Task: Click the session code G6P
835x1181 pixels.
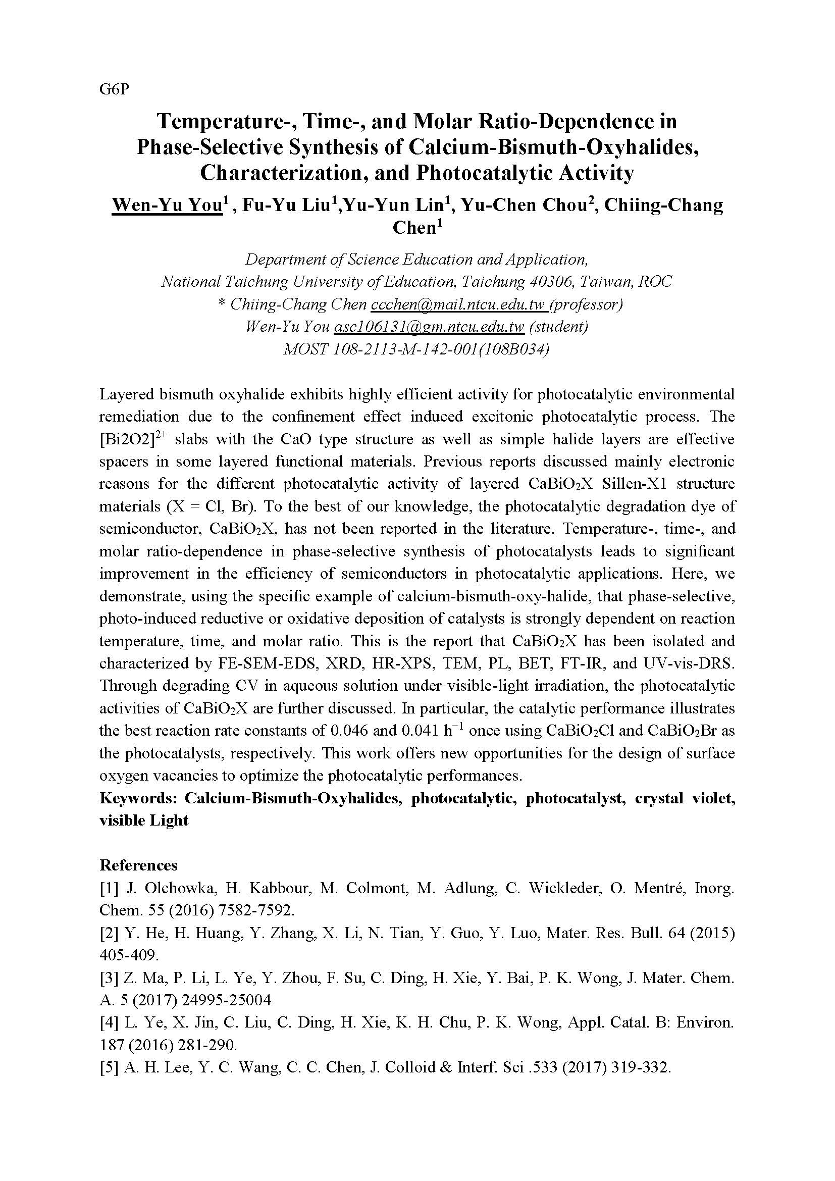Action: pos(114,89)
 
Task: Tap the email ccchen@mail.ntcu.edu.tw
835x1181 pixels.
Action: pos(457,304)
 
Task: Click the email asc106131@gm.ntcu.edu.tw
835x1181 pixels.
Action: pos(429,326)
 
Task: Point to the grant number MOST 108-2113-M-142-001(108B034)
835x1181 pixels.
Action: pos(416,349)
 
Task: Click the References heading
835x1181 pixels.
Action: pos(138,865)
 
